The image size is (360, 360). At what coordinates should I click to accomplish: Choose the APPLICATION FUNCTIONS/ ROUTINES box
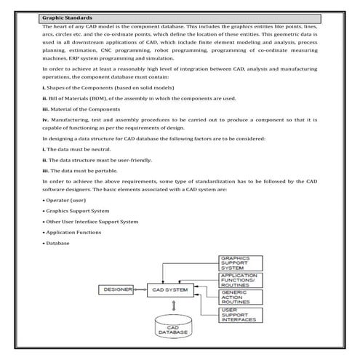[x=239, y=281]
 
